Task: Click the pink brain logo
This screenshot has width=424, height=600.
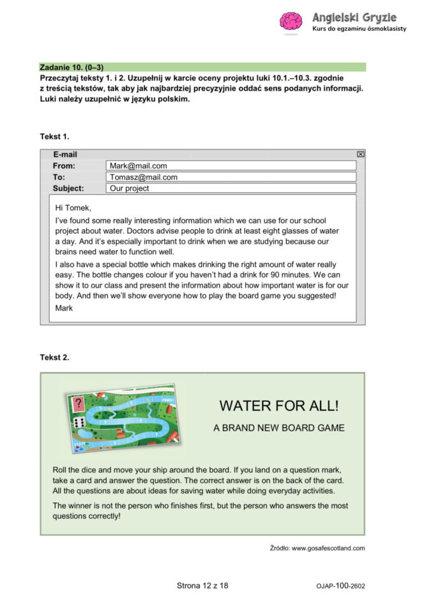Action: coord(291,22)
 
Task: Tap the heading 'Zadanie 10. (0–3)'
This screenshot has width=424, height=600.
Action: coord(72,67)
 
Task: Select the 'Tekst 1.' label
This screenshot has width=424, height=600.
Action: coord(54,136)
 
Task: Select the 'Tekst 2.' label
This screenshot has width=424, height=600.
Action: coord(54,357)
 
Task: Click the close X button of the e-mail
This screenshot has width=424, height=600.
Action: coord(360,154)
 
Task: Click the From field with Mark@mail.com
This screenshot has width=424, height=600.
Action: coord(231,165)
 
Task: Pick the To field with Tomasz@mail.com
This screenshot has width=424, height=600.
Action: coord(231,177)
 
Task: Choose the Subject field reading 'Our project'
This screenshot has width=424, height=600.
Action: coord(231,188)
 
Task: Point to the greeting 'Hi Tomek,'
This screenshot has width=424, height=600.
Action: coord(73,208)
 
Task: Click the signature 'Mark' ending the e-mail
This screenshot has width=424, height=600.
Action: coord(64,308)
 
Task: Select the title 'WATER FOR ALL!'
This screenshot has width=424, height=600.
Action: coord(279,406)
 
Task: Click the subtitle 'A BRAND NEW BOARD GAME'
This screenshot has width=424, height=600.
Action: coord(279,428)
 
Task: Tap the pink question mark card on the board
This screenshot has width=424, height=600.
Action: coord(79,404)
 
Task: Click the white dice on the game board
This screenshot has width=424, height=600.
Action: coord(80,422)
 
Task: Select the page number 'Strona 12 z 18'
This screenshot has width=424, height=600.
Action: coord(202,585)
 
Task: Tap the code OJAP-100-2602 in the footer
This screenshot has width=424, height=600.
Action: coord(340,586)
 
